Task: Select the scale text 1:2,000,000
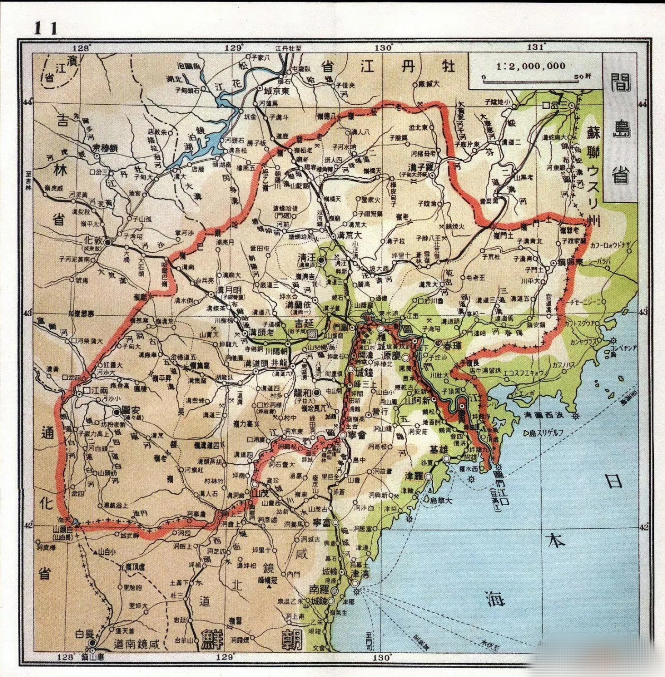[531, 67]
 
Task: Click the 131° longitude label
[536, 47]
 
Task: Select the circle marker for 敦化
[108, 242]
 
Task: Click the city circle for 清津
[355, 578]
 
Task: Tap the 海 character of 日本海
[496, 598]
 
